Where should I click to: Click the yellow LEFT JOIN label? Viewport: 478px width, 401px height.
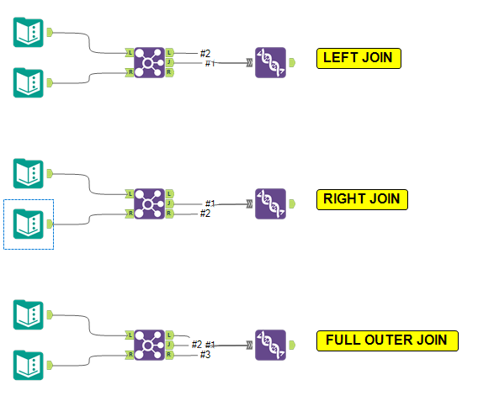358,58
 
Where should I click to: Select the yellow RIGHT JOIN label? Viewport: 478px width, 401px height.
362,199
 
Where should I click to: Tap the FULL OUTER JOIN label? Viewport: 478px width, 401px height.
387,340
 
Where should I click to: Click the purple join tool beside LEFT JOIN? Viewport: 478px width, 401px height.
150,62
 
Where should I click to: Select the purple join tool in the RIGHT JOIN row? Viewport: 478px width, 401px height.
150,203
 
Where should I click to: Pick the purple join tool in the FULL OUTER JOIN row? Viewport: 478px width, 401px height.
150,345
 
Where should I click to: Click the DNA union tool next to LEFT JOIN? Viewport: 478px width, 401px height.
270,62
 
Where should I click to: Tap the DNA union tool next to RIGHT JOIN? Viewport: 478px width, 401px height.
270,203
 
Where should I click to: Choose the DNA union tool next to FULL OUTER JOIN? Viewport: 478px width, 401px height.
270,345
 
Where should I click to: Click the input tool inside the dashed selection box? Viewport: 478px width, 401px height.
29,224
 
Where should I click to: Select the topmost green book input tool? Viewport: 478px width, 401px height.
29,33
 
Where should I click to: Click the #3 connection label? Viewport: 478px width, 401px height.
205,355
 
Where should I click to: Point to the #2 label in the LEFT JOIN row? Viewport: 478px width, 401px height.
205,54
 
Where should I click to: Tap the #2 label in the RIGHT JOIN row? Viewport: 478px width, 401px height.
205,214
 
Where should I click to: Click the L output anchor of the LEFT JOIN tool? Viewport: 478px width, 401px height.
170,52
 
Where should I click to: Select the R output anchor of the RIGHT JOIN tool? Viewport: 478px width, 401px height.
170,214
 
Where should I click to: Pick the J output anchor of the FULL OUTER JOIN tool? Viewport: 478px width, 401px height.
170,345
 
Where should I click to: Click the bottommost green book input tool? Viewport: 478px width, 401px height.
29,365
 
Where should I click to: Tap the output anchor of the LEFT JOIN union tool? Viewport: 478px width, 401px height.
291,62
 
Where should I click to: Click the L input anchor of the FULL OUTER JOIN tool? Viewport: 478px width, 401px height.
130,335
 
